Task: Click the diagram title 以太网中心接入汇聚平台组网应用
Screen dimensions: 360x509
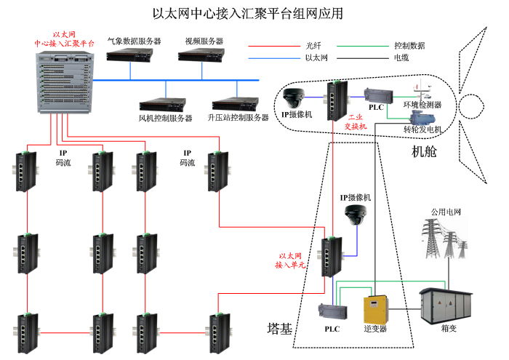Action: (x=247, y=13)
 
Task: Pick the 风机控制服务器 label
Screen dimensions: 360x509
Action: (x=165, y=118)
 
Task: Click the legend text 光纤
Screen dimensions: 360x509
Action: (x=313, y=45)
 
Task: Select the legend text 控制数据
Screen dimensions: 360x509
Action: (x=409, y=45)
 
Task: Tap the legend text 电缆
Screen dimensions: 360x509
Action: (x=401, y=57)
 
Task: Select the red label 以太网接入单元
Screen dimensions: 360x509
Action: (x=290, y=261)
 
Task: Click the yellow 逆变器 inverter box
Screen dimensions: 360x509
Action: (x=374, y=308)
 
